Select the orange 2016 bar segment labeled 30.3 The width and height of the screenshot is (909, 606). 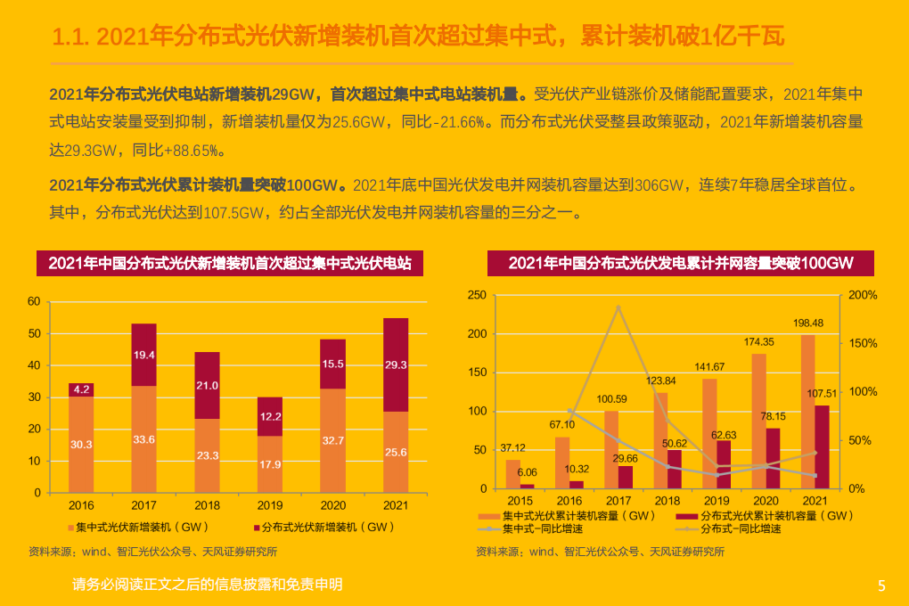81,444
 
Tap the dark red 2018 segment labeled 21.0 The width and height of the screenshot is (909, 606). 207,385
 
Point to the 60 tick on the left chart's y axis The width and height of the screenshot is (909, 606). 35,302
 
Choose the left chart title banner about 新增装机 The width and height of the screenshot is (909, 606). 229,263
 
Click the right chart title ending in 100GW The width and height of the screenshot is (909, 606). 680,263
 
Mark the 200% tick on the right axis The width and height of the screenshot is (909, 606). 863,295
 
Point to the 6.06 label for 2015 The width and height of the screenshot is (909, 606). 527,472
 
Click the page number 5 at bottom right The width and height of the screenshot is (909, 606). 881,586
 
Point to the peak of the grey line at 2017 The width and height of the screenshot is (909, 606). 618,307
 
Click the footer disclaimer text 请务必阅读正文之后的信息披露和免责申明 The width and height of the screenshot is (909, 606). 208,585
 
